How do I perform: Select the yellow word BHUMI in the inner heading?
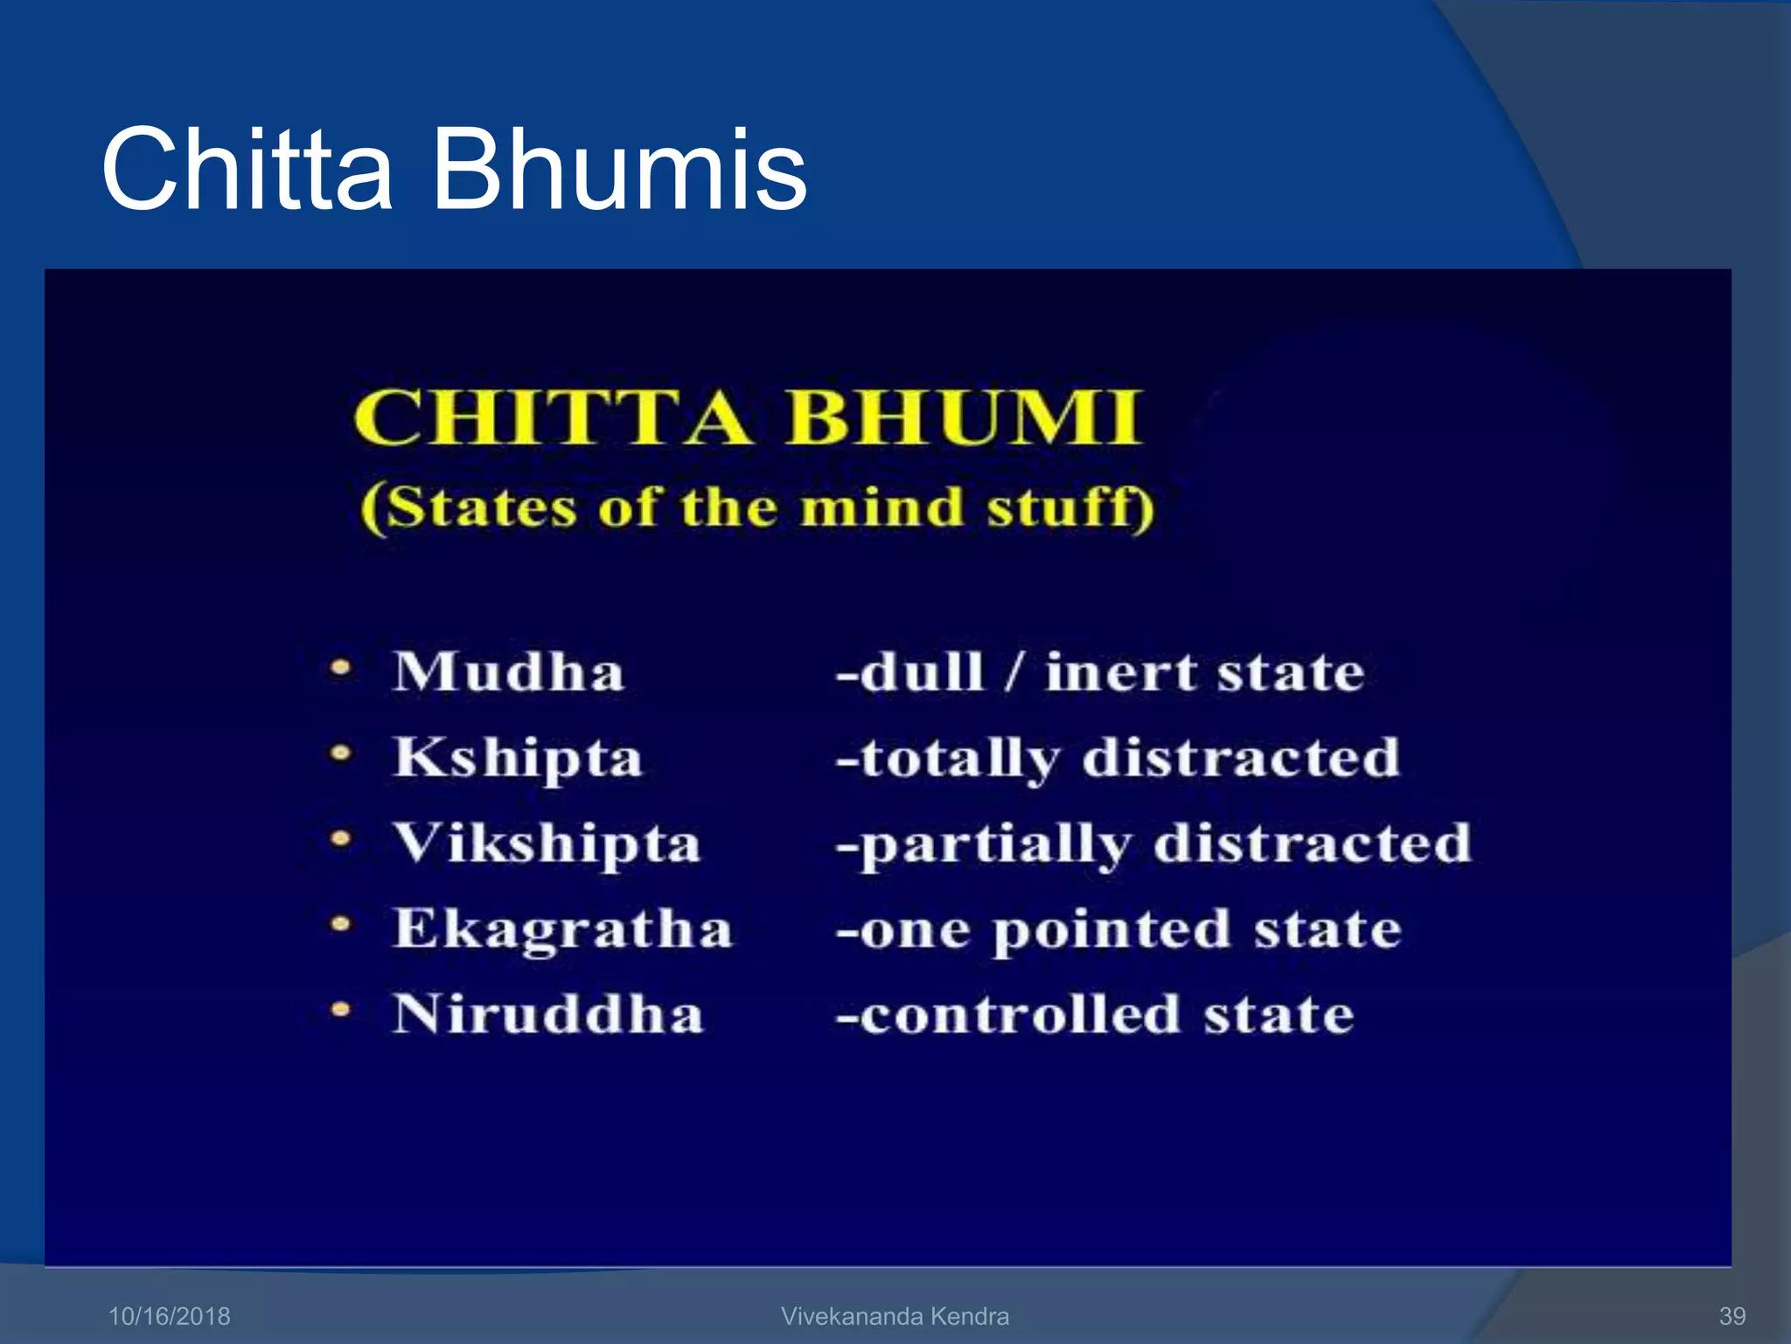point(964,417)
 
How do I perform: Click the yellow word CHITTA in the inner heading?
point(551,417)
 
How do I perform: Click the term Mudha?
point(508,672)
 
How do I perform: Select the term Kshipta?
point(518,758)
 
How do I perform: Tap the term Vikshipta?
point(547,843)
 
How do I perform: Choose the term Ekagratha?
point(562,928)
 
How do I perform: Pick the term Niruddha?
point(547,1014)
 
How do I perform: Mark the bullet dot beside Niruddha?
point(341,1011)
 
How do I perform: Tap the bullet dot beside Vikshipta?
point(341,840)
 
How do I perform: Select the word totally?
point(959,758)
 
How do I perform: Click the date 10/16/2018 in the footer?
point(169,1316)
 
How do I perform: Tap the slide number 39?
point(1732,1316)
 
